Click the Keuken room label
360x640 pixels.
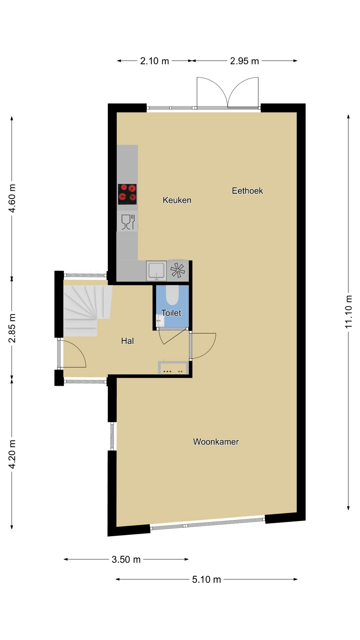[177, 200]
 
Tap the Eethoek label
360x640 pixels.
[247, 191]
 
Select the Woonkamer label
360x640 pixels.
[216, 442]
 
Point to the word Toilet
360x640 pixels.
[171, 313]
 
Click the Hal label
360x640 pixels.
[127, 341]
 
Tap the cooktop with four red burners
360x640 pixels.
[127, 194]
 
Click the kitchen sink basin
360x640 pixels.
[156, 270]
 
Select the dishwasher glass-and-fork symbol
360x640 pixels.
[128, 222]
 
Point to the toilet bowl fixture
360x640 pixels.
[172, 295]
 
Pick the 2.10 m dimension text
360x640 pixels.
[154, 61]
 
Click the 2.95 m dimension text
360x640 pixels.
[244, 61]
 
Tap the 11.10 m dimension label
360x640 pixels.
[348, 312]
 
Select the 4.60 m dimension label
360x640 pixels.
[12, 198]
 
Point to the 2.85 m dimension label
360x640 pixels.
[12, 328]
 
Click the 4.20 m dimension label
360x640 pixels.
[12, 454]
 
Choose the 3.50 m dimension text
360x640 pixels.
[126, 559]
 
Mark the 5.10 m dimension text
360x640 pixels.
[206, 579]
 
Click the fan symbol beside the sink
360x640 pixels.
[178, 270]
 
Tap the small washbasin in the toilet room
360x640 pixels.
[160, 321]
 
